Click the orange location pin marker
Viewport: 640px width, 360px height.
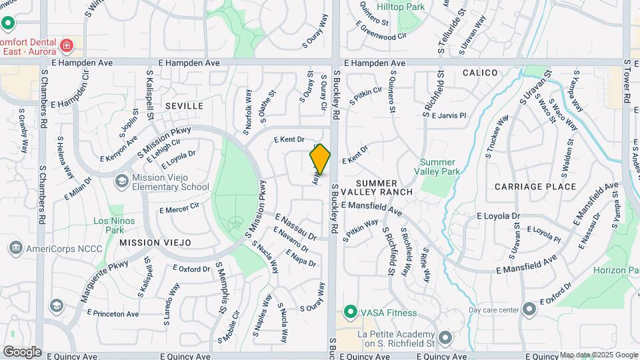click(321, 159)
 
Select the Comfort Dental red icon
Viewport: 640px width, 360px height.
click(66, 45)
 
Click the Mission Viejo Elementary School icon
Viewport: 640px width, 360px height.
click(121, 181)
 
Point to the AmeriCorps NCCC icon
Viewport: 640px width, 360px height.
click(15, 249)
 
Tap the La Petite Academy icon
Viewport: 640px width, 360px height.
click(445, 338)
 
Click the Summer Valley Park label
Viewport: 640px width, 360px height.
click(438, 167)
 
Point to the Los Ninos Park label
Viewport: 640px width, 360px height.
click(114, 225)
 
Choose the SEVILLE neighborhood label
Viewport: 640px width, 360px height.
click(184, 106)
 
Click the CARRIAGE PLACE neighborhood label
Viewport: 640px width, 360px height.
click(535, 187)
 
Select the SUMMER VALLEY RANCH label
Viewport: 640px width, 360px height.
click(385, 187)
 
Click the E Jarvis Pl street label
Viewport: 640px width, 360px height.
click(449, 115)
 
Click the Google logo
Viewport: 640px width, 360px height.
click(22, 351)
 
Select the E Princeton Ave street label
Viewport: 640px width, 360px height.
click(116, 313)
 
